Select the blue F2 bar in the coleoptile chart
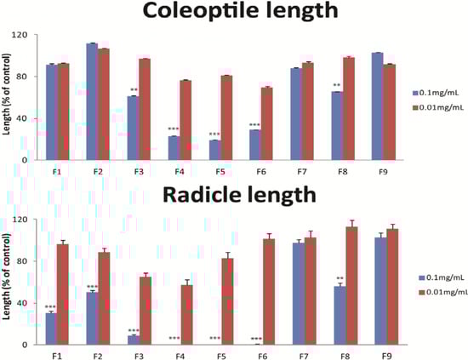point(92,101)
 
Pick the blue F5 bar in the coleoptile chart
point(215,150)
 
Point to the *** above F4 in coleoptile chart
point(174,129)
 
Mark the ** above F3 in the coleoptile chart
point(134,90)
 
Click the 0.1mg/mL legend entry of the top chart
point(434,91)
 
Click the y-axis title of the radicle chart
point(8,282)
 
